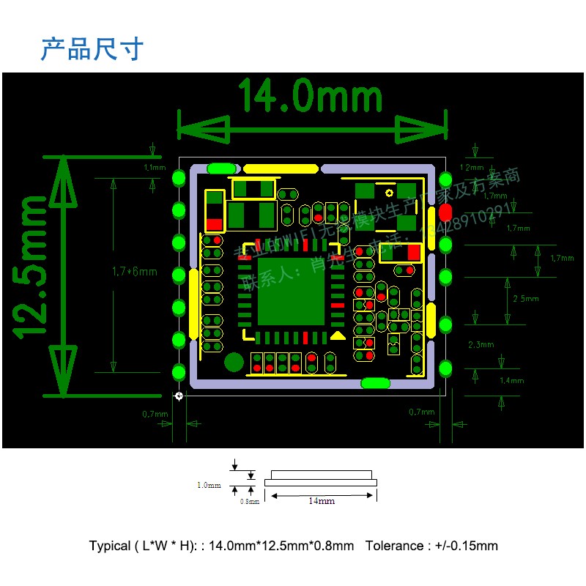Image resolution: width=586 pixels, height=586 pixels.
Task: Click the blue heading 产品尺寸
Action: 92,49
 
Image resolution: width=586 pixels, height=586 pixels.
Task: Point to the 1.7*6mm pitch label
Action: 135,272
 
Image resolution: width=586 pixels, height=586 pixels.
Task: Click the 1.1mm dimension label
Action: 156,168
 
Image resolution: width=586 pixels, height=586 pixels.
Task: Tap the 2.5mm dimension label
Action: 525,299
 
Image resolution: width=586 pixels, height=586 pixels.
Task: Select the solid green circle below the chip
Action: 234,362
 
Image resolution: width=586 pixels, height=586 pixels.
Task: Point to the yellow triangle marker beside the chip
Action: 338,335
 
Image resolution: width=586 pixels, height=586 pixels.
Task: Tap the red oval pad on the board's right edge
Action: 444,213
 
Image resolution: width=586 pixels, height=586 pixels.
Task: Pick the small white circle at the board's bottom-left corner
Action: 179,396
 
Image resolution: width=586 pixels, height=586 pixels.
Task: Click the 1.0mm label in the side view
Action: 209,485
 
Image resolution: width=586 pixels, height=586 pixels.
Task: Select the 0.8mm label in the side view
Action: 250,502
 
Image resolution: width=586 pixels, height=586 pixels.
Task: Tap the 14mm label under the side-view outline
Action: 321,501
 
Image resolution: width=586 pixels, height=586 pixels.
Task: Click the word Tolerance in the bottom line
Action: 396,546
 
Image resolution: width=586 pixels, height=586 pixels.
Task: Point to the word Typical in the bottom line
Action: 110,546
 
